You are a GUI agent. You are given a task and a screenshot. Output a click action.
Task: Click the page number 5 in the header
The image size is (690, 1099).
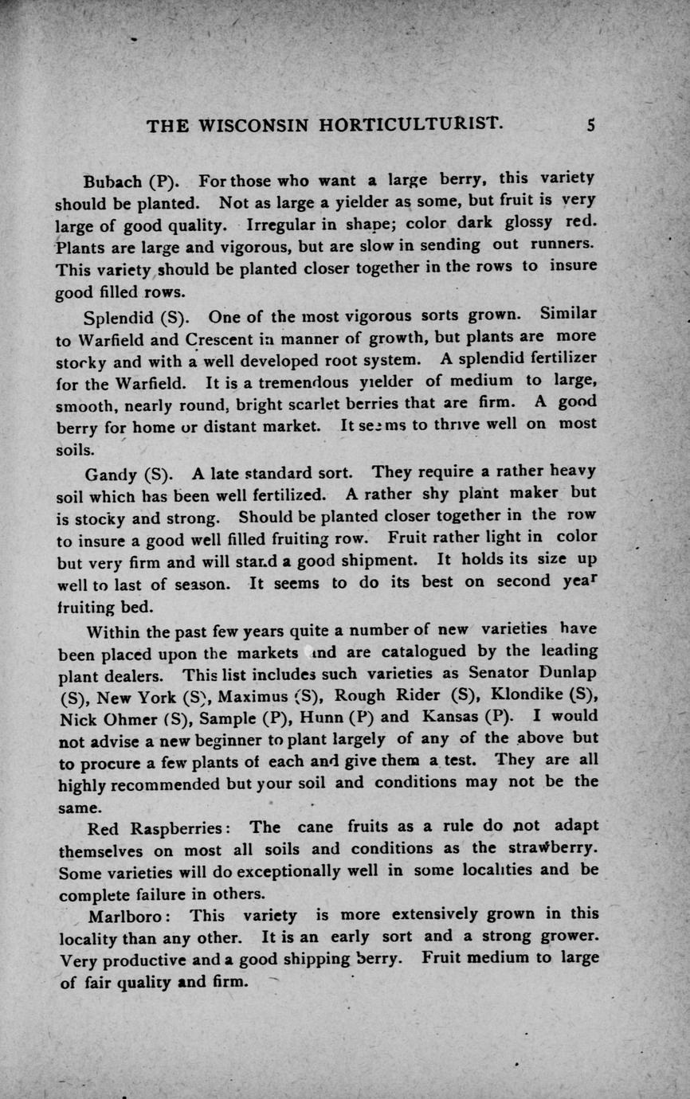point(591,125)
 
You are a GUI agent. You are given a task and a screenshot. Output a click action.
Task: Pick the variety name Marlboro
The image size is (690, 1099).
point(120,915)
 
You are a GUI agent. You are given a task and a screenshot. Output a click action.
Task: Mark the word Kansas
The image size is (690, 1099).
point(450,716)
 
